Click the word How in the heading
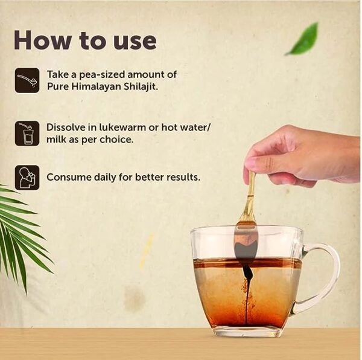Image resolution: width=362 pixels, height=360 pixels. pyautogui.click(x=43, y=40)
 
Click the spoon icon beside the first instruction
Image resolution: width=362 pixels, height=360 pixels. pyautogui.click(x=27, y=80)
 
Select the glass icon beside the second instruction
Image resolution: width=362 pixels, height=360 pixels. pyautogui.click(x=27, y=133)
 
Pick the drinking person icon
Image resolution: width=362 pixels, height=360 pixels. pyautogui.click(x=27, y=178)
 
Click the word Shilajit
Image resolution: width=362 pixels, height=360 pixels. pyautogui.click(x=141, y=86)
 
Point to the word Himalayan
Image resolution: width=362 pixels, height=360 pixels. pyautogui.click(x=96, y=88)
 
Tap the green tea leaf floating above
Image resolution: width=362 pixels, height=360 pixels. pyautogui.click(x=303, y=39)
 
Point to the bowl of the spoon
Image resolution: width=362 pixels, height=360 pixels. pyautogui.click(x=246, y=243)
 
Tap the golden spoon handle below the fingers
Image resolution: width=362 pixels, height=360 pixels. pyautogui.click(x=251, y=196)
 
